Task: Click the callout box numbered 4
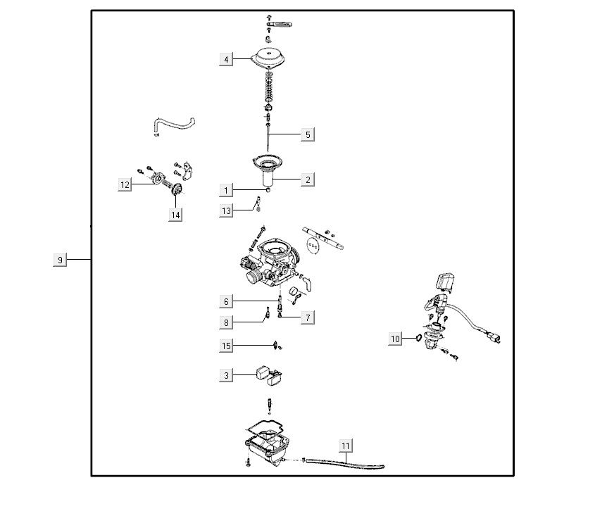226,60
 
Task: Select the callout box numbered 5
307,134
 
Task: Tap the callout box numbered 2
307,180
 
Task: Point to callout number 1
226,190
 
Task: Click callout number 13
226,210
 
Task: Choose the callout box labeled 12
125,185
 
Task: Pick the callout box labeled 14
175,215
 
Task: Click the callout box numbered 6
226,302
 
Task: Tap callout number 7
307,317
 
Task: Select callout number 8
226,322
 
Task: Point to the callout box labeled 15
226,346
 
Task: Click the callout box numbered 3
226,376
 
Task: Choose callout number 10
396,339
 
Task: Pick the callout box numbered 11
345,446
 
